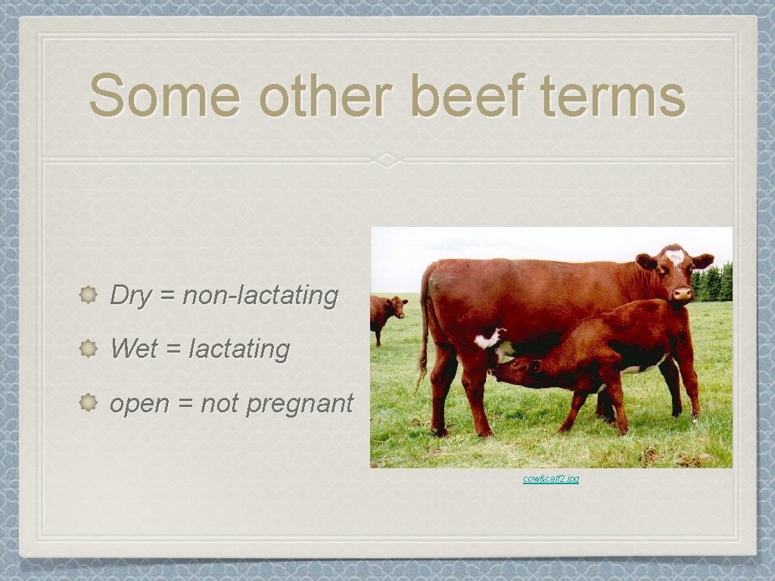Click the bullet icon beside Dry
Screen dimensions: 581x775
[88, 295]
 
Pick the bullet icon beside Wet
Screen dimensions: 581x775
[88, 349]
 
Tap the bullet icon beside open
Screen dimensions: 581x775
[88, 403]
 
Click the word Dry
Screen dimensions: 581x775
[131, 295]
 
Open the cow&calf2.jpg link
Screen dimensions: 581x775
[551, 479]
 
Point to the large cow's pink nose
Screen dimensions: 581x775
[682, 292]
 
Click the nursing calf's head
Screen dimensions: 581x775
[515, 368]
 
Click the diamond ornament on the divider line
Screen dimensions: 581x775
[387, 160]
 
